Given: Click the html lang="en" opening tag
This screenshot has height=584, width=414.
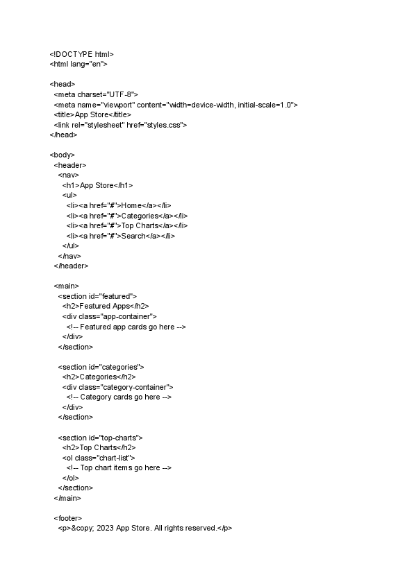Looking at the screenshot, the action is [x=78, y=64].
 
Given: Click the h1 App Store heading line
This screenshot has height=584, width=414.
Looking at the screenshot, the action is [x=97, y=185].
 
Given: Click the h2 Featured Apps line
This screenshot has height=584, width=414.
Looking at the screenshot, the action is [x=106, y=306].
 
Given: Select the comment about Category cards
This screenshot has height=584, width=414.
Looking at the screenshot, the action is [x=119, y=397].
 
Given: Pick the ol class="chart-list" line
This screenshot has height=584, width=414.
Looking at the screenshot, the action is [x=99, y=458].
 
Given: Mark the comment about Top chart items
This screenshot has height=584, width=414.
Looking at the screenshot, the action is [x=119, y=467].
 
